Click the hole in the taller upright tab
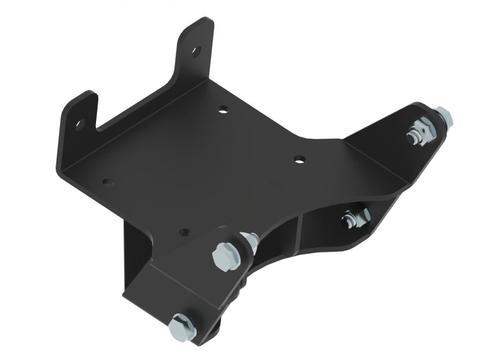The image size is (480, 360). [x=196, y=52]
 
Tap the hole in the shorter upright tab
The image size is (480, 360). [x=79, y=125]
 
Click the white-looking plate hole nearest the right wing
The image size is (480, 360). [x=300, y=159]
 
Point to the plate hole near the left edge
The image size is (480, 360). [x=108, y=182]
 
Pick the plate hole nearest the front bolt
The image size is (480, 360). [x=185, y=233]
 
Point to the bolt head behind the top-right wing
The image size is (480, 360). [x=444, y=116]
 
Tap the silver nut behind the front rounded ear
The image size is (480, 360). [x=250, y=241]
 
